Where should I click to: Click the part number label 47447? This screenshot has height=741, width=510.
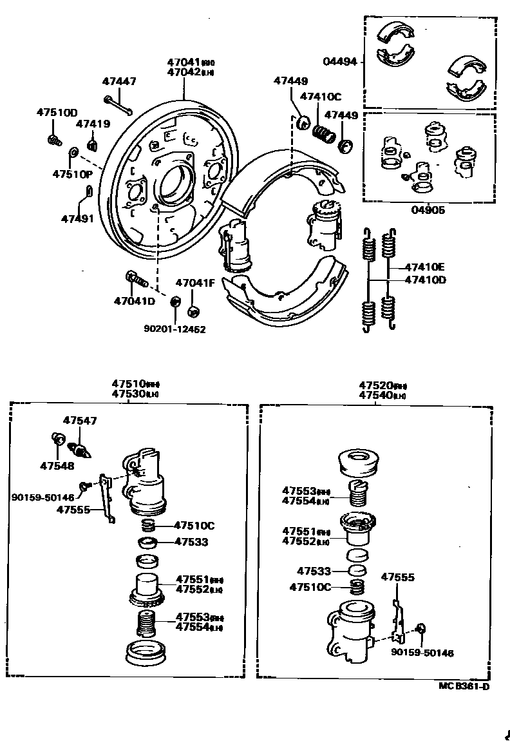(119, 81)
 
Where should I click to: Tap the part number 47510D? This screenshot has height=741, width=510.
(56, 112)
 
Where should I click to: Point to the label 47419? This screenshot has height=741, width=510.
(93, 124)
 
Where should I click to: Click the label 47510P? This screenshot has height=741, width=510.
(72, 174)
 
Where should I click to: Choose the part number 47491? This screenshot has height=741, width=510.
(77, 218)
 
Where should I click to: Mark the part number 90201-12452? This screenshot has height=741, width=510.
(175, 329)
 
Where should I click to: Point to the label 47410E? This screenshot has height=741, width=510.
(426, 267)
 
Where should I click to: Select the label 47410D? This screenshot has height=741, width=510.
(426, 280)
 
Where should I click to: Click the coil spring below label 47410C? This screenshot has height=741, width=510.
(324, 133)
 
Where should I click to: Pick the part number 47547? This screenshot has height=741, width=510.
(80, 420)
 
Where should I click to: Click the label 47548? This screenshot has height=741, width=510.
(57, 465)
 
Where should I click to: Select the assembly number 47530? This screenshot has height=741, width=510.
(127, 393)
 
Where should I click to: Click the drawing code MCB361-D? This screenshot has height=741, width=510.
(464, 686)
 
